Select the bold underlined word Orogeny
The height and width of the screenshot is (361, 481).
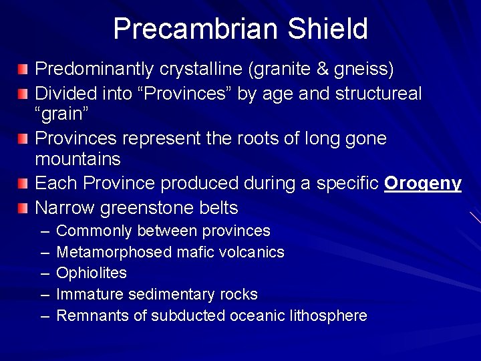(423, 184)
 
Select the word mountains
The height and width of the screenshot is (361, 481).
(77, 160)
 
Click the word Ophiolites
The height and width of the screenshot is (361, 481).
(92, 273)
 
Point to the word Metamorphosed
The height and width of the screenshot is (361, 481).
(114, 253)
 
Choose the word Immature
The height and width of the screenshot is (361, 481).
(90, 295)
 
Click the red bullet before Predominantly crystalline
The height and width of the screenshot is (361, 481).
(23, 69)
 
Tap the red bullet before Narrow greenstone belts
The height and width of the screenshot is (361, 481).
(23, 208)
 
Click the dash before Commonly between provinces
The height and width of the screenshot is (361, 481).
(44, 231)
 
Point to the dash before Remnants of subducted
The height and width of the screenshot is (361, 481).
(44, 316)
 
